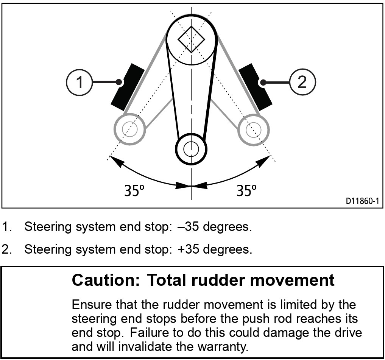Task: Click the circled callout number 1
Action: pyautogui.click(x=79, y=82)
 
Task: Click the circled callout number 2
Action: pyautogui.click(x=302, y=82)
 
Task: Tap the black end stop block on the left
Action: pyautogui.click(x=127, y=85)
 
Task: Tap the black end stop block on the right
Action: pyautogui.click(x=256, y=85)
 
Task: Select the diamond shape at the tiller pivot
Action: pyautogui.click(x=191, y=39)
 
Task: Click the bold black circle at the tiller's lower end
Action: pyautogui.click(x=191, y=148)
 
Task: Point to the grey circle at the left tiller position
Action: pyautogui.click(x=129, y=129)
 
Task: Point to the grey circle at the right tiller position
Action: pyautogui.click(x=253, y=129)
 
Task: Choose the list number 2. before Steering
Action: pyautogui.click(x=7, y=249)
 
